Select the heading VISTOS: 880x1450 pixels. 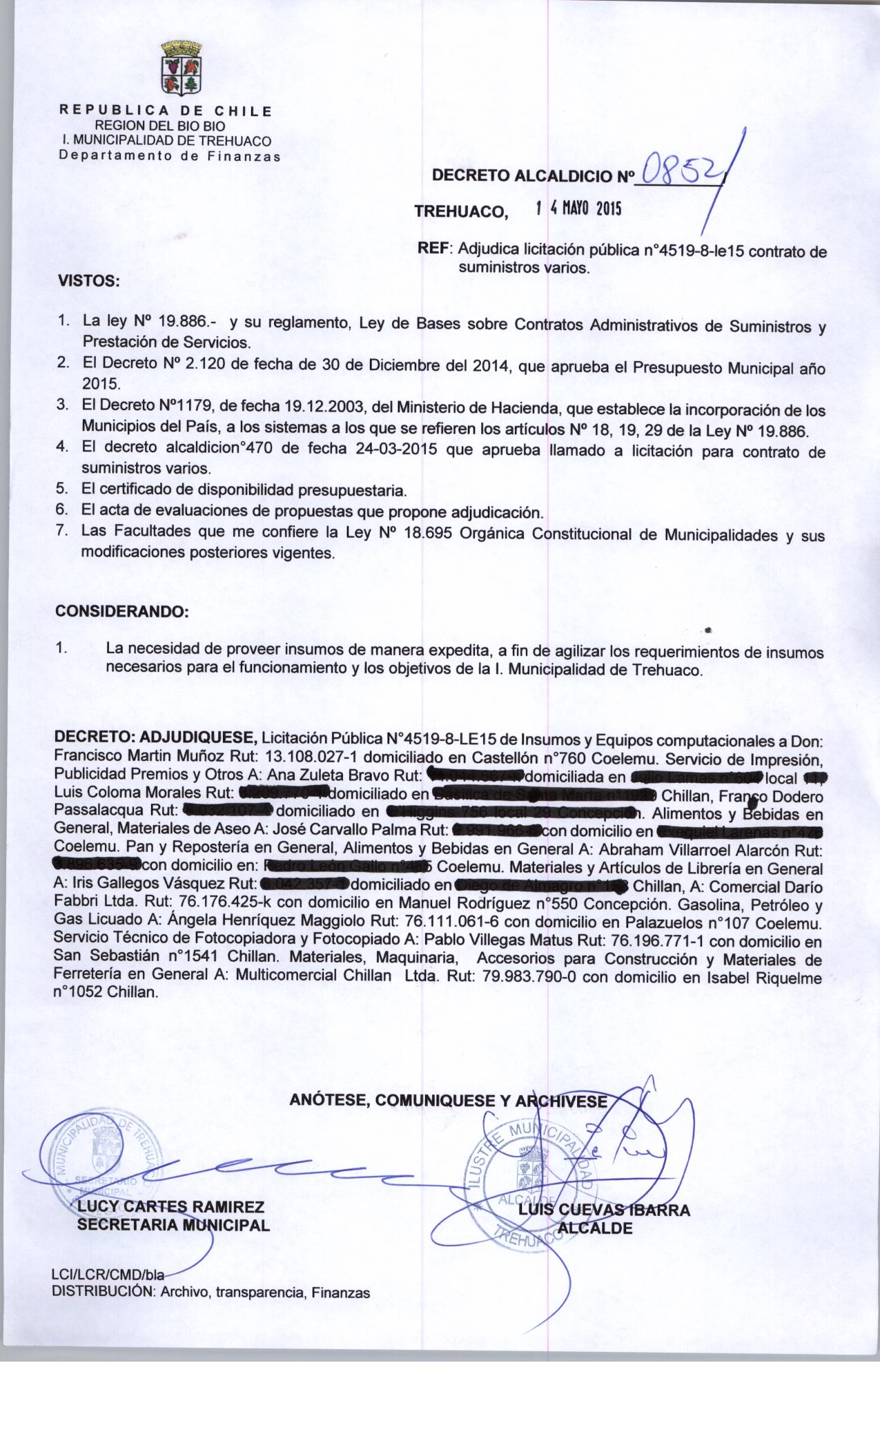click(x=88, y=282)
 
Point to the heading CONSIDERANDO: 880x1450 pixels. click(x=121, y=612)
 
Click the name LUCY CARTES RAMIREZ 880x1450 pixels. click(x=171, y=1207)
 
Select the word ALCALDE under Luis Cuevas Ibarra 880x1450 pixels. click(x=595, y=1228)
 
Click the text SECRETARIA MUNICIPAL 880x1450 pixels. click(x=173, y=1225)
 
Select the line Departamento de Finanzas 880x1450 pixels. click(x=170, y=155)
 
